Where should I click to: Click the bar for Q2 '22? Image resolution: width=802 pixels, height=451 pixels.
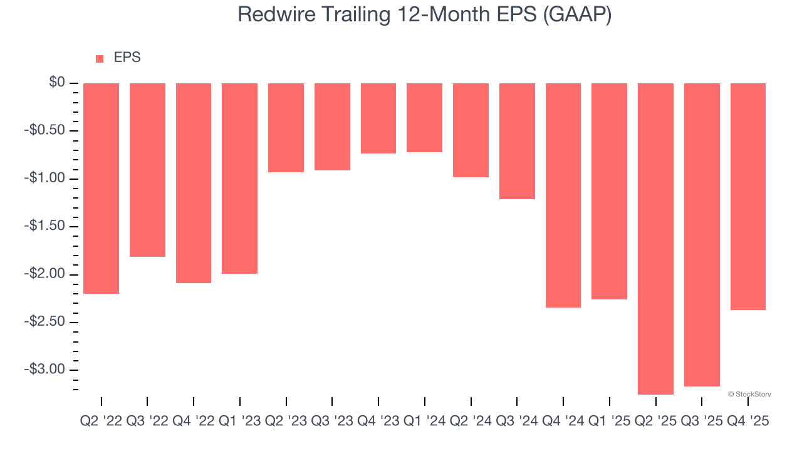click(x=101, y=188)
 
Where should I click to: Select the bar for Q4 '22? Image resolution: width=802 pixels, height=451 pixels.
click(x=194, y=183)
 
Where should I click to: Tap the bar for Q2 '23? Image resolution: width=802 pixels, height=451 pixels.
click(x=286, y=128)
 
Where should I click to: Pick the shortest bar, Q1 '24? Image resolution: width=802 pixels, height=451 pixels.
click(x=424, y=118)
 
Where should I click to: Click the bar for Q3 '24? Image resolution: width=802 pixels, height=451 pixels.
click(x=517, y=141)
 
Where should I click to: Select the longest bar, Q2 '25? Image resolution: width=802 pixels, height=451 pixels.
click(x=655, y=239)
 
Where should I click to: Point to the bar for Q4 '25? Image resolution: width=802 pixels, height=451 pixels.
click(x=747, y=197)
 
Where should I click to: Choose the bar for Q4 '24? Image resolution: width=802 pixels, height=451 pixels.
click(x=563, y=195)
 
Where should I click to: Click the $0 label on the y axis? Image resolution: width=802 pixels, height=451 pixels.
click(x=57, y=83)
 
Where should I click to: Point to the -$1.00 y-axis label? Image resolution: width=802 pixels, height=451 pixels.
click(x=46, y=179)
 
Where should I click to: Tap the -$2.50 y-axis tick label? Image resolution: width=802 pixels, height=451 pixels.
click(x=46, y=321)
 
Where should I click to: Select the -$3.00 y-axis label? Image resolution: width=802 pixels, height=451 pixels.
click(x=46, y=369)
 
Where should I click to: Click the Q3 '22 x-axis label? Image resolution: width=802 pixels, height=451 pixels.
click(x=147, y=422)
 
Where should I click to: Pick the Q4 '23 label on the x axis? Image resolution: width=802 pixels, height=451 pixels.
click(x=378, y=422)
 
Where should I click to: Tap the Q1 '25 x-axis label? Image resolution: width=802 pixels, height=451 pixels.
click(x=609, y=422)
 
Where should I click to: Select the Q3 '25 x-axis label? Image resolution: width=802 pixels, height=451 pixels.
click(x=701, y=422)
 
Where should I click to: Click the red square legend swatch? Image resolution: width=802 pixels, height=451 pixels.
click(x=100, y=59)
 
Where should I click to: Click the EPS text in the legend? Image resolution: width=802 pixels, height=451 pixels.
click(x=127, y=58)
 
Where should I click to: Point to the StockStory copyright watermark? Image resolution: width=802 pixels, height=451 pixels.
click(x=749, y=394)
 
